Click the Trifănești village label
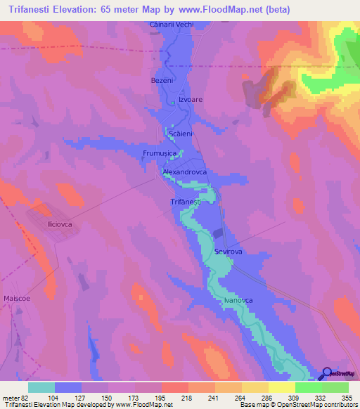pyautogui.click(x=186, y=202)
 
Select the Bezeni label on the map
pyautogui.click(x=162, y=81)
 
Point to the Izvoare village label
pyautogui.click(x=190, y=100)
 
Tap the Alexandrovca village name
pyautogui.click(x=184, y=171)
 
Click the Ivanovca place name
pyautogui.click(x=238, y=300)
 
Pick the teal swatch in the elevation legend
pyautogui.click(x=41, y=387)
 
